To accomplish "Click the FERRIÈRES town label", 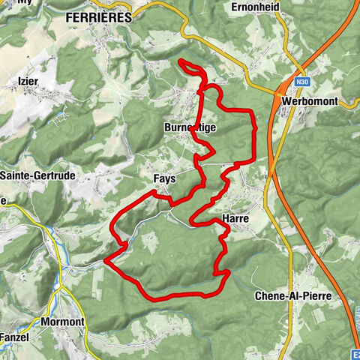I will coord(98,16).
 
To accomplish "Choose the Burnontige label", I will coord(190,128).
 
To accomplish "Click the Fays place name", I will coord(164,180).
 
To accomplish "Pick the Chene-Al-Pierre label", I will coord(292,296).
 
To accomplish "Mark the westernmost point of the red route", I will coord(106,261).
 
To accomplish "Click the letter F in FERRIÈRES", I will coord(70,16).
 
